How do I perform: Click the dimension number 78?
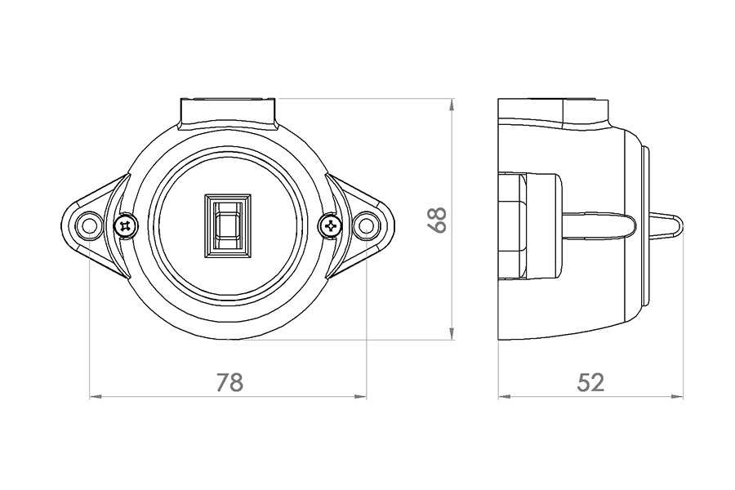pyautogui.click(x=229, y=382)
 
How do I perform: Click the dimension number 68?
pyautogui.click(x=438, y=220)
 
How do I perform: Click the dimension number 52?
pyautogui.click(x=590, y=382)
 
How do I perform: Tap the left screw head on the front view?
pyautogui.click(x=126, y=226)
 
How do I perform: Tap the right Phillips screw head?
pyautogui.click(x=331, y=226)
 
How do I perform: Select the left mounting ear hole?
pyautogui.click(x=89, y=226)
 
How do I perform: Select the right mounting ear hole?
pyautogui.click(x=366, y=226)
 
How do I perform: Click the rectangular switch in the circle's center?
pyautogui.click(x=227, y=225)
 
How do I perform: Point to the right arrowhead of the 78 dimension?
pyautogui.click(x=360, y=397)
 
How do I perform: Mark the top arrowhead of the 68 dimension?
pyautogui.click(x=452, y=105)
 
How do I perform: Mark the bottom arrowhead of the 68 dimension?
pyautogui.click(x=452, y=333)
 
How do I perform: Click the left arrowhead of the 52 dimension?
pyautogui.click(x=504, y=397)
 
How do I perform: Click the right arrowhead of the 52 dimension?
pyautogui.click(x=677, y=397)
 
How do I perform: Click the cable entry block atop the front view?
pyautogui.click(x=228, y=114)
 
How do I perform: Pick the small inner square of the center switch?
pyautogui.click(x=227, y=225)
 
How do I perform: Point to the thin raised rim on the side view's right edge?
pyautogui.click(x=647, y=225)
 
